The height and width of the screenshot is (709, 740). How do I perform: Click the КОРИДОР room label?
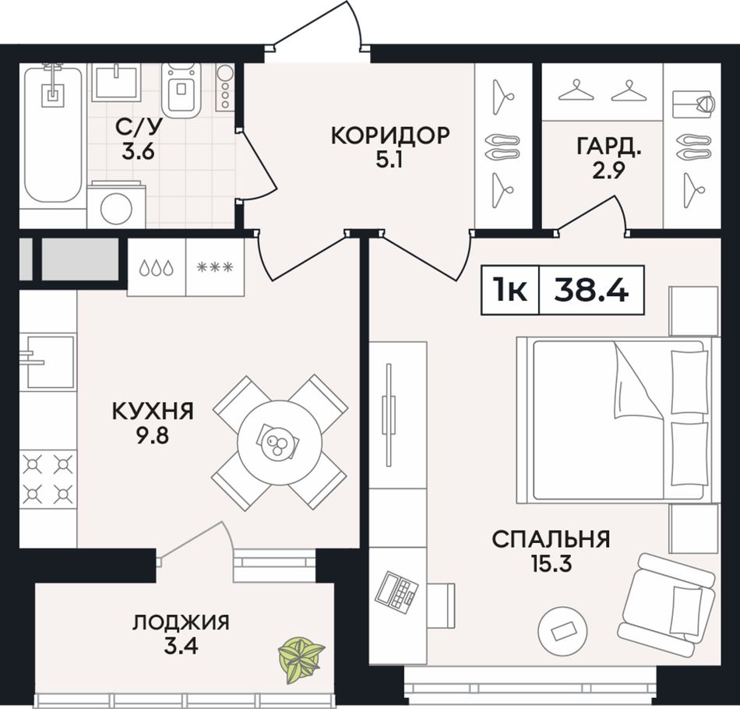coord(390,136)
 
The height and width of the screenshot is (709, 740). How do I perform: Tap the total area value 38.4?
coord(591,290)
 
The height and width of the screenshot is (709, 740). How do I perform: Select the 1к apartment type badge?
coord(509,290)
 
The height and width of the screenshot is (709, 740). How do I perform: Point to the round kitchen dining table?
coord(280,443)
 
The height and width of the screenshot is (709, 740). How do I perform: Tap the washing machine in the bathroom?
coord(117,204)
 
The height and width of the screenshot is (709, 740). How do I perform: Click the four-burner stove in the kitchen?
coord(48,479)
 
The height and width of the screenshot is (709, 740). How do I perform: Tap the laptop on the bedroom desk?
coord(396,592)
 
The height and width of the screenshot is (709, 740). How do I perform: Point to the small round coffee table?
coord(563,631)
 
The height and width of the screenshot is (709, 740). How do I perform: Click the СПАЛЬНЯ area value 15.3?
coord(551,563)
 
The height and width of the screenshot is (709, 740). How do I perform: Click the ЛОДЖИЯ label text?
coord(181,623)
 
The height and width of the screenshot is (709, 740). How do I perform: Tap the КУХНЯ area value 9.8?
coord(153,436)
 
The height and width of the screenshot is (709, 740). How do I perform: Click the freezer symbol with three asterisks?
coord(215,268)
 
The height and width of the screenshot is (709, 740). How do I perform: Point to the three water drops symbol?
coord(157,268)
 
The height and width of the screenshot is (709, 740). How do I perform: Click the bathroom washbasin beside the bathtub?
coord(115,83)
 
